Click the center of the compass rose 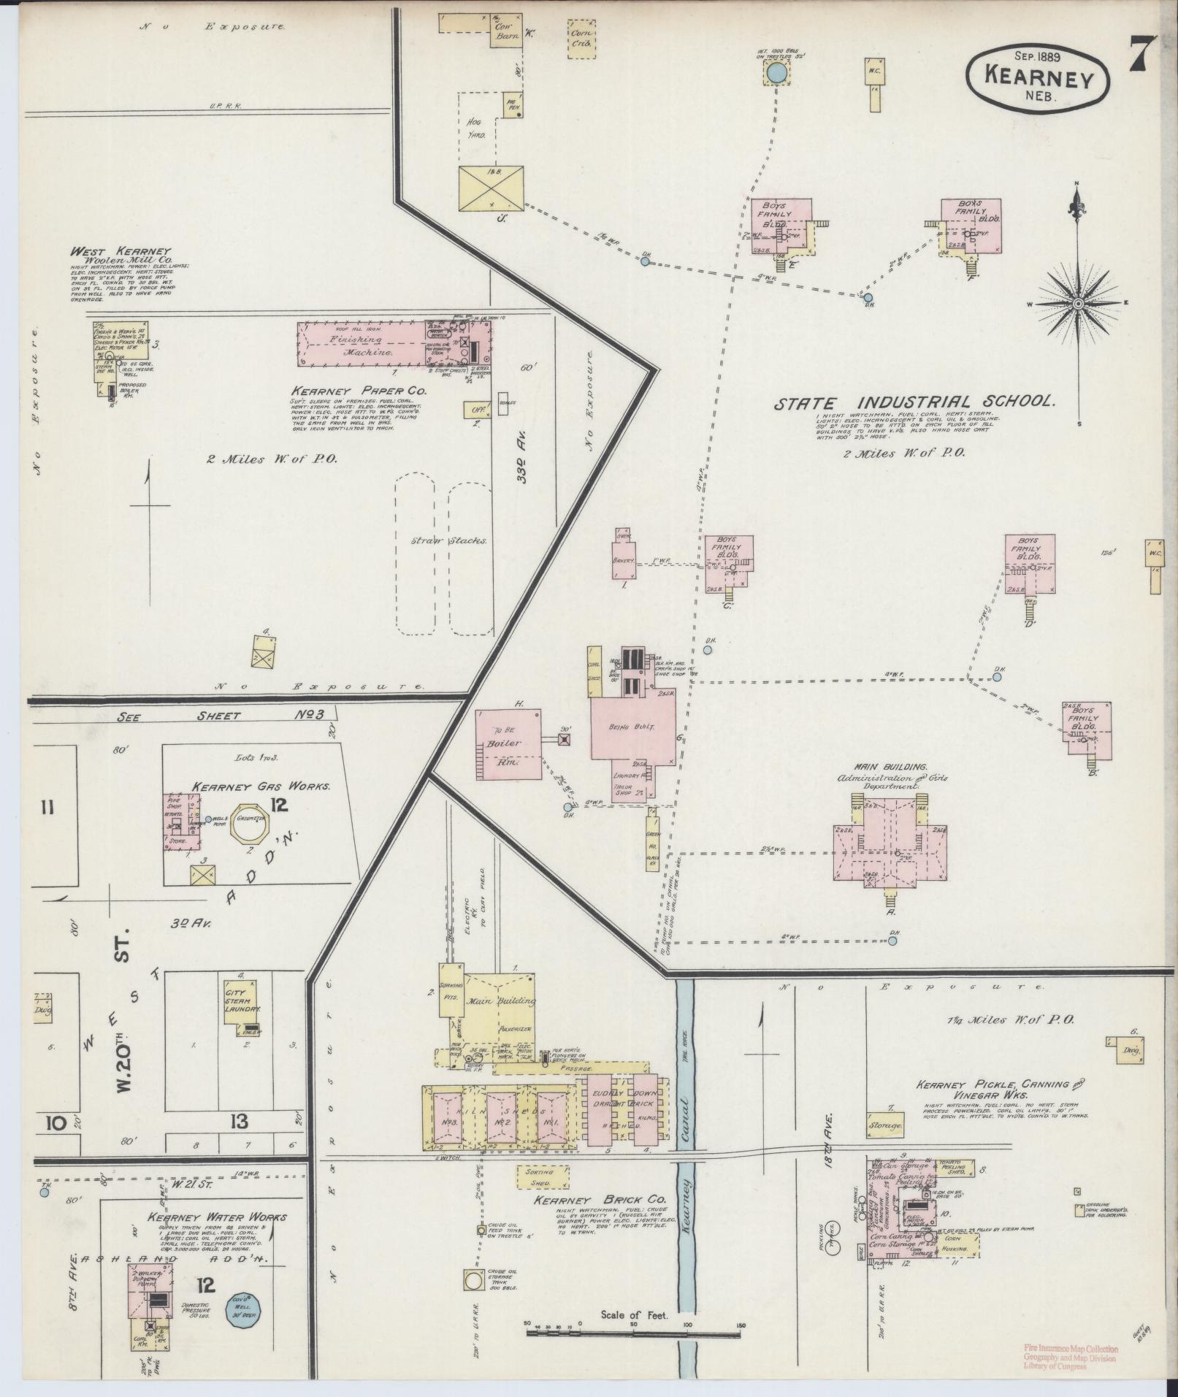1078,303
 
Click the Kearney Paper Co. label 359,391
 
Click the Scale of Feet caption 624,1315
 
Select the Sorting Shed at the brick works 540,1176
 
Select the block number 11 47,808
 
